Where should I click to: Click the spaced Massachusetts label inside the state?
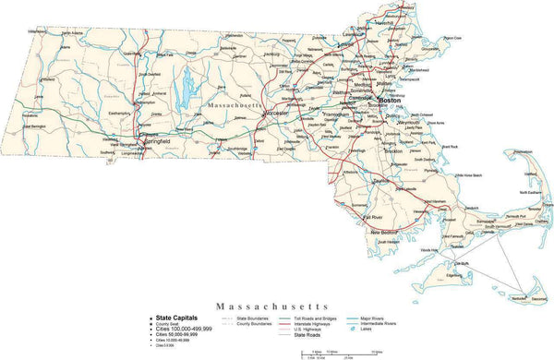point(235,107)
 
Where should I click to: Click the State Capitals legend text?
point(176,317)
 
